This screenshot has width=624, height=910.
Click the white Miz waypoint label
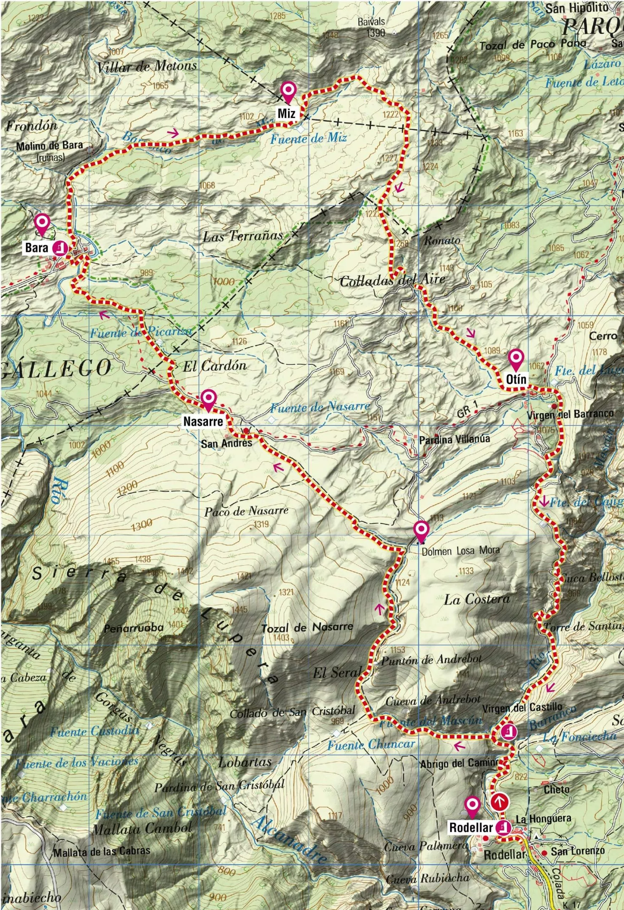[x=288, y=113]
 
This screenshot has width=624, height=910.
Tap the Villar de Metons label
[x=147, y=66]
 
